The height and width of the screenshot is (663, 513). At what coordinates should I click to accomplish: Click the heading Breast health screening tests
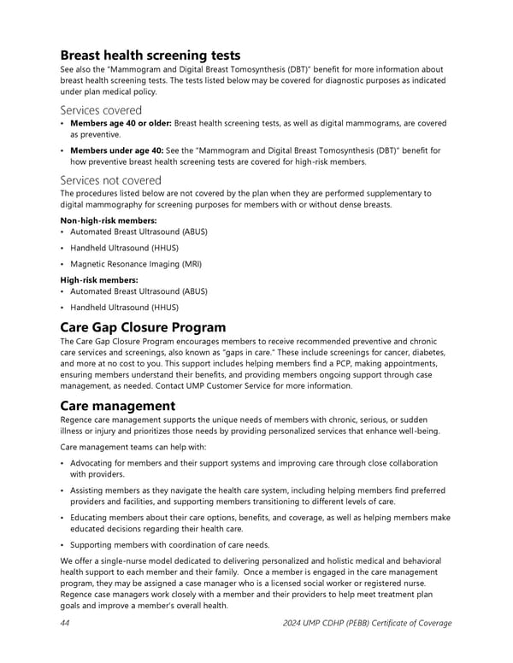[150, 56]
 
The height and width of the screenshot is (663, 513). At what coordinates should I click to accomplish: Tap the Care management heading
[117, 405]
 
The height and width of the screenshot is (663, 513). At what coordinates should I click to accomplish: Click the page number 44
[66, 623]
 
